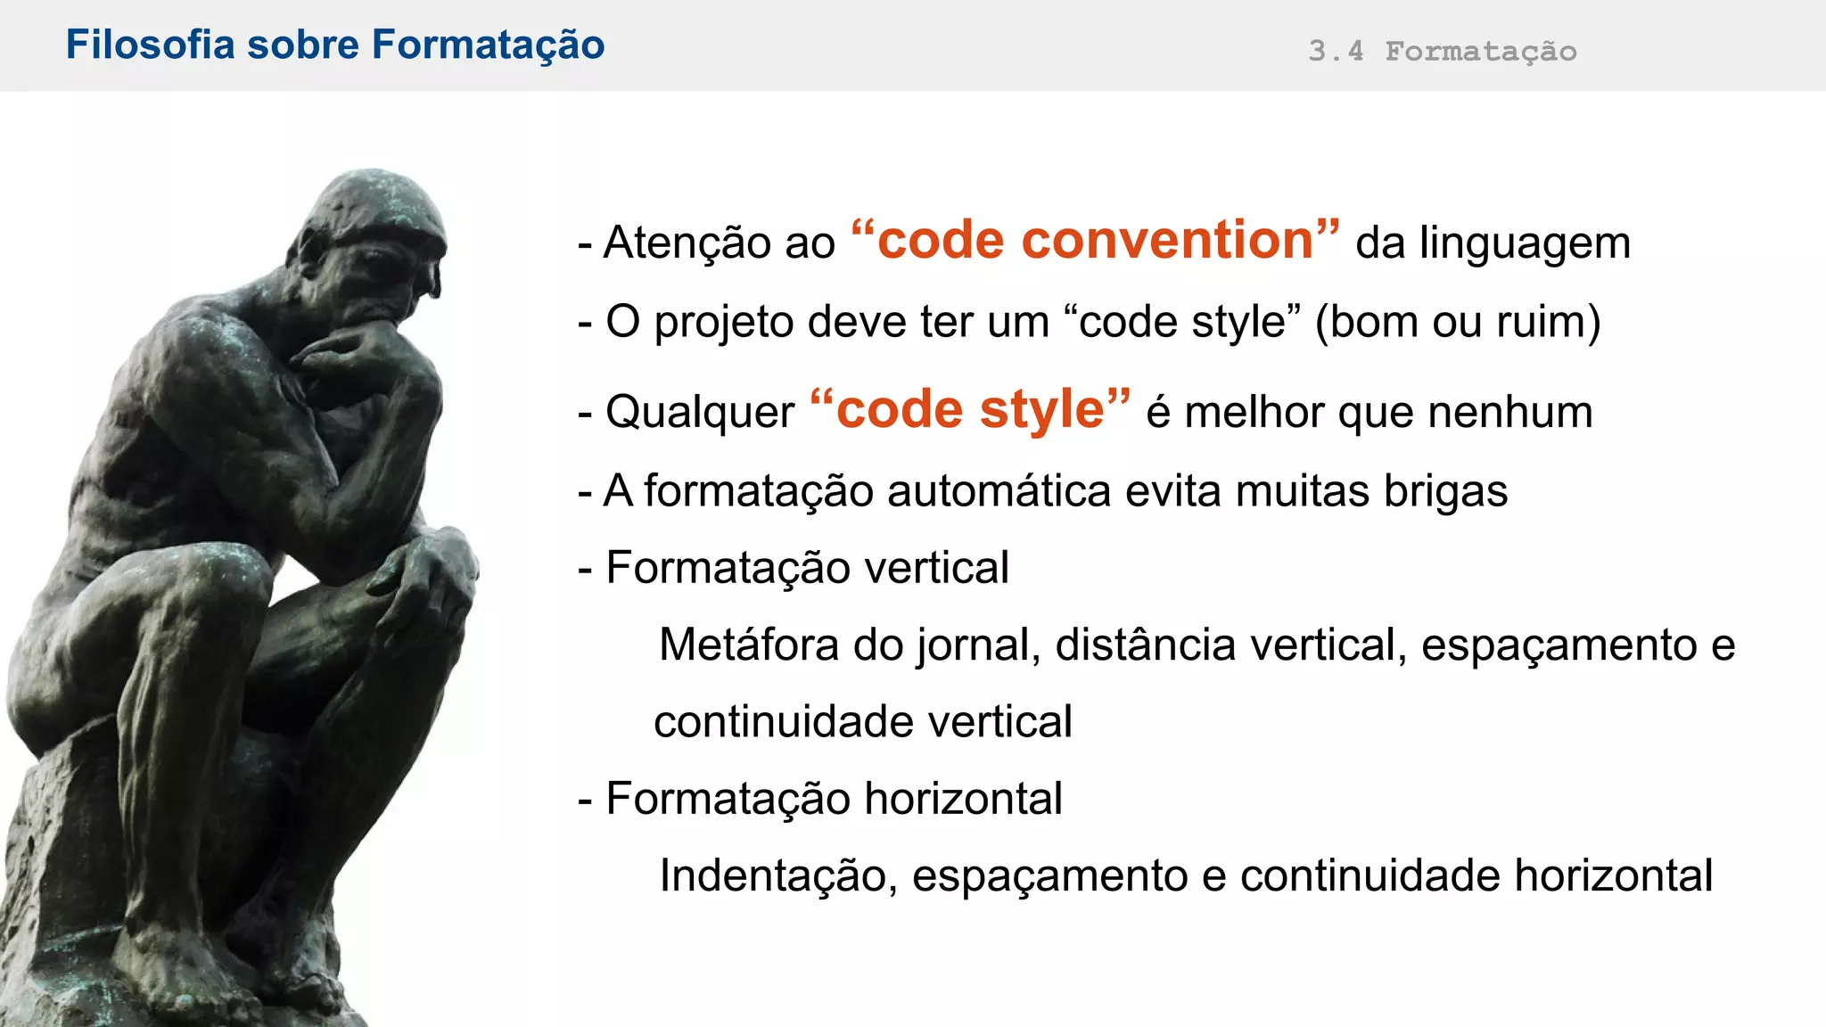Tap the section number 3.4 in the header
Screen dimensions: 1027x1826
pyautogui.click(x=1336, y=51)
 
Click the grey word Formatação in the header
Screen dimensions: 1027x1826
pyautogui.click(x=1480, y=52)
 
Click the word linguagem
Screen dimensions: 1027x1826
pyautogui.click(x=1525, y=243)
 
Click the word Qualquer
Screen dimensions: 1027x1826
pyautogui.click(x=699, y=412)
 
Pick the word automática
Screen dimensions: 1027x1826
pyautogui.click(x=999, y=490)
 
